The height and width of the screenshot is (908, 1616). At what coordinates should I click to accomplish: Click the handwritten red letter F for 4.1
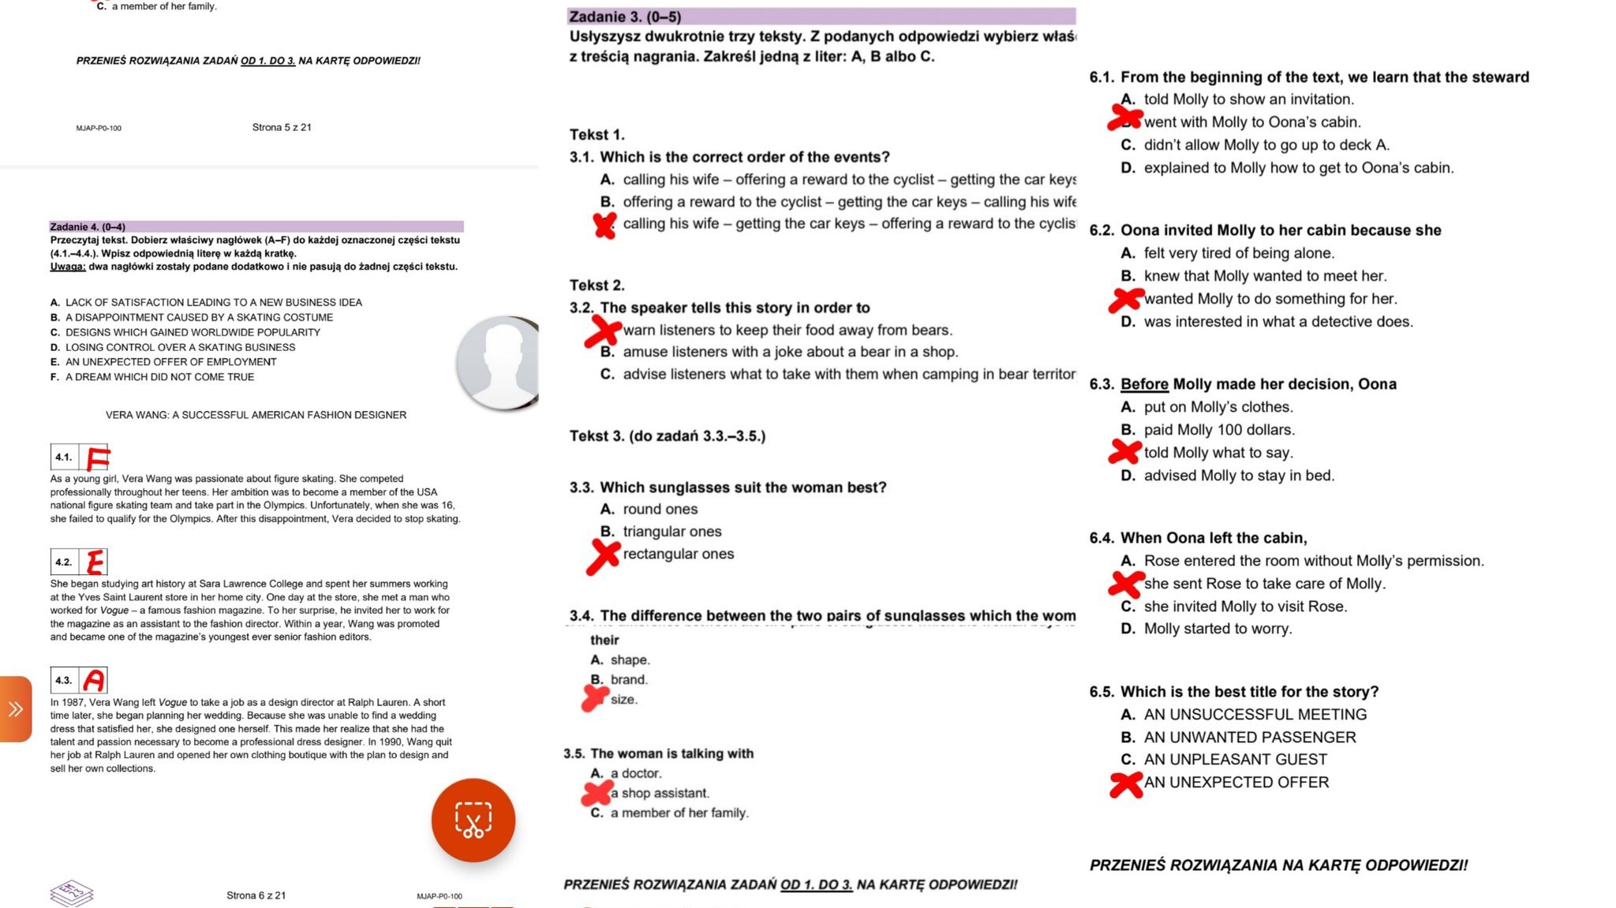click(x=98, y=458)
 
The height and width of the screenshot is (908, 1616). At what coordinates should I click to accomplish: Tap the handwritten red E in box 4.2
click(x=95, y=562)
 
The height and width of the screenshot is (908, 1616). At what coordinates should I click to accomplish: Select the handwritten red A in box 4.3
click(x=94, y=680)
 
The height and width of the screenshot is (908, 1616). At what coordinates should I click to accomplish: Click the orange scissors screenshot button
click(x=473, y=820)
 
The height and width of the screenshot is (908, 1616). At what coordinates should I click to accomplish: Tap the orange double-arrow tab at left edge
click(x=16, y=708)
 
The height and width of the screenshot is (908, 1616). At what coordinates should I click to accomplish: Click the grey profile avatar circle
click(x=499, y=363)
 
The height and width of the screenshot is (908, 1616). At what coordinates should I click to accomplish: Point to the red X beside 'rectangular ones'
click(x=604, y=555)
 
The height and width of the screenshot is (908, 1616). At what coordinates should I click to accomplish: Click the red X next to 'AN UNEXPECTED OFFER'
click(x=1126, y=783)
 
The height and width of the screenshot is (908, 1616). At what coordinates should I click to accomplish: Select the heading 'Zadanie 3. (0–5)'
click(x=625, y=17)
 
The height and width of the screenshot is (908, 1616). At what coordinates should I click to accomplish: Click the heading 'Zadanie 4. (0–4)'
click(x=88, y=227)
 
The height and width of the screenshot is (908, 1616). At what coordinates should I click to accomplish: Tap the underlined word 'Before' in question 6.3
click(x=1144, y=384)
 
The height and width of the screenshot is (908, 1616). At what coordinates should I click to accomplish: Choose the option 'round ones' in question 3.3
click(x=660, y=510)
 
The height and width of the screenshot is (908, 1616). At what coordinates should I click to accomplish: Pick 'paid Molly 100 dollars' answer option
click(x=1219, y=430)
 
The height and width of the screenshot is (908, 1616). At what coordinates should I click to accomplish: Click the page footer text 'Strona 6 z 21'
click(x=256, y=895)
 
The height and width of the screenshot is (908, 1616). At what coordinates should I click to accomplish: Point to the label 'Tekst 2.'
click(x=597, y=286)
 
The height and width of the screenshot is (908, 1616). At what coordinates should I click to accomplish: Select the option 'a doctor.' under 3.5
click(x=636, y=774)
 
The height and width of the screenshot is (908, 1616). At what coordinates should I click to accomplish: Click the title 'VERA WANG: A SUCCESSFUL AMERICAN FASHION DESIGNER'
click(x=256, y=415)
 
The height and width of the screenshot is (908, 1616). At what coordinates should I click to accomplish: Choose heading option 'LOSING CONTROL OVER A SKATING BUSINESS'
click(x=180, y=347)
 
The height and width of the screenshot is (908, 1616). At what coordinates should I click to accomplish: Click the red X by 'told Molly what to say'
click(x=1125, y=452)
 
